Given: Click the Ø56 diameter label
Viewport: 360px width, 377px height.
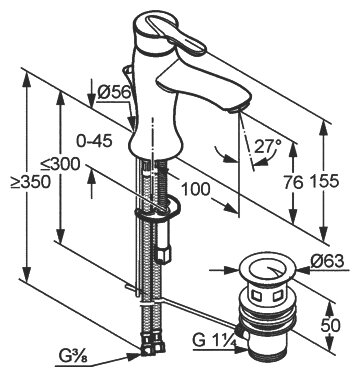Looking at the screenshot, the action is pyautogui.click(x=114, y=92).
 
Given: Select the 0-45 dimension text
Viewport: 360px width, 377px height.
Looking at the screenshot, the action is pyautogui.click(x=94, y=142).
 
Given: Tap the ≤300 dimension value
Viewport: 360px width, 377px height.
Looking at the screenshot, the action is pyautogui.click(x=60, y=164).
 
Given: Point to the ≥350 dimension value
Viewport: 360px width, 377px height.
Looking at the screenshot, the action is pyautogui.click(x=30, y=182).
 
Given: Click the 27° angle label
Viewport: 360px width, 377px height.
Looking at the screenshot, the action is pyautogui.click(x=268, y=146).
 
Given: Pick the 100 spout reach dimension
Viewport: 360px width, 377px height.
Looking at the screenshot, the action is pyautogui.click(x=196, y=190).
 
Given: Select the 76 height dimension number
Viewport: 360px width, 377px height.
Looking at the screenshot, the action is pyautogui.click(x=293, y=182).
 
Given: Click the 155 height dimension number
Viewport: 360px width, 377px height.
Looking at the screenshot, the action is pyautogui.click(x=324, y=181).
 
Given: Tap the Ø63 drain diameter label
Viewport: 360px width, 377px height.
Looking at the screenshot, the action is pyautogui.click(x=327, y=261).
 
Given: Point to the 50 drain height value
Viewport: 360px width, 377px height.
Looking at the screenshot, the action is pyautogui.click(x=331, y=325).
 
